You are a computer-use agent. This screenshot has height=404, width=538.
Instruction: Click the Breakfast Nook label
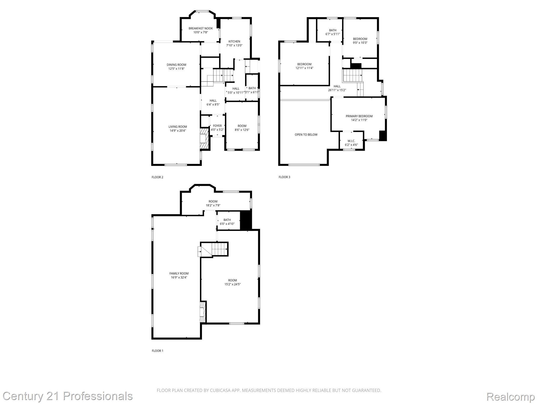(x=200, y=28)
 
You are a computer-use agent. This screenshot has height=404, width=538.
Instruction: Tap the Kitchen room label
(x=234, y=42)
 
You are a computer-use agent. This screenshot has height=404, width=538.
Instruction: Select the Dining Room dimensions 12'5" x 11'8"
(x=176, y=69)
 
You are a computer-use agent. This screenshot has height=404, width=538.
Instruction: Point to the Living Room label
(x=178, y=127)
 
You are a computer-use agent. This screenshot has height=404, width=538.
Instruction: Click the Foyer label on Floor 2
(x=217, y=126)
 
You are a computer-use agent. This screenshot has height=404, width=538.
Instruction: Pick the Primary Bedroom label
(x=359, y=116)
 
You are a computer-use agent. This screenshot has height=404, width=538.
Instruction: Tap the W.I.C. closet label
(x=351, y=141)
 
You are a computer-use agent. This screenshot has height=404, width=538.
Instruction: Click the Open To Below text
(x=306, y=135)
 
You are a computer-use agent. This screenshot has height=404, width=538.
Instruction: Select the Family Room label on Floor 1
(x=179, y=274)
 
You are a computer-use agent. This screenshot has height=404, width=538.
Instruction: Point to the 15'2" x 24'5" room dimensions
(x=232, y=284)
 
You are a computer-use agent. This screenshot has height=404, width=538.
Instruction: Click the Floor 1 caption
(x=157, y=351)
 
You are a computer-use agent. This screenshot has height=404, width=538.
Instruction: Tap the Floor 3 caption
(x=284, y=177)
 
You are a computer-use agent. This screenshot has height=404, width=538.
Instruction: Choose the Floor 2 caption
(x=157, y=177)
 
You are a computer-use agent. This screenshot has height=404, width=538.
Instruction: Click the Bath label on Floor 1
(x=227, y=220)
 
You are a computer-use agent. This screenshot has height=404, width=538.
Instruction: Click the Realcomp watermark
(x=510, y=396)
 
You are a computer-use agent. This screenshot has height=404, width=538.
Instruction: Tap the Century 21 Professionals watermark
(x=68, y=396)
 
